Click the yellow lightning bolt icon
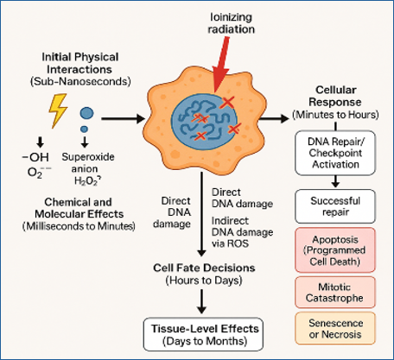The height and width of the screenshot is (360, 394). point(58,111)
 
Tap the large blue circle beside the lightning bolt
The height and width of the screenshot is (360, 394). point(86,113)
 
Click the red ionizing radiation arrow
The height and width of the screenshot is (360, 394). point(221,66)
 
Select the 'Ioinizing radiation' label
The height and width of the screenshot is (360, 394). point(232,23)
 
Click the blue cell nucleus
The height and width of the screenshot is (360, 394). point(204,122)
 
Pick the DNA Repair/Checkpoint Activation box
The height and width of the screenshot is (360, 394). point(335,153)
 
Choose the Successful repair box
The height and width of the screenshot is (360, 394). point(335,206)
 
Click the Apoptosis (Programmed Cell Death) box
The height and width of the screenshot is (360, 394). point(335,250)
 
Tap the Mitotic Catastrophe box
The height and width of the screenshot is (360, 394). point(335,293)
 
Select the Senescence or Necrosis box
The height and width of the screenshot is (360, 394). point(335,328)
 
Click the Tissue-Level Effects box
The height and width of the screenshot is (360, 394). point(204,334)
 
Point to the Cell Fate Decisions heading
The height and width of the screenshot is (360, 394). point(204,268)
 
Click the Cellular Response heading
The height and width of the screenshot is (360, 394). point(335,96)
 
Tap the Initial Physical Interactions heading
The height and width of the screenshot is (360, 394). point(80,63)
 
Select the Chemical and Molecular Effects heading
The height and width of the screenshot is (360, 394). point(79,208)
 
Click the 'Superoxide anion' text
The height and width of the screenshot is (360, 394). point(88,163)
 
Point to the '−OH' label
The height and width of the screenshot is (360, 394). point(35,157)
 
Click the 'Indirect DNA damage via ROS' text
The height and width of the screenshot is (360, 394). point(243,232)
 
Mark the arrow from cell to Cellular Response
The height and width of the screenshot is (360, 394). point(274,118)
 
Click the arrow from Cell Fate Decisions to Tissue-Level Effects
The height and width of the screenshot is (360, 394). point(202,301)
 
